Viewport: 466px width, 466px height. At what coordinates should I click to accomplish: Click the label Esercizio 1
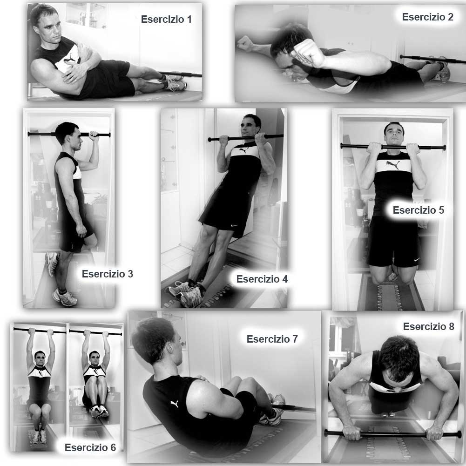166,19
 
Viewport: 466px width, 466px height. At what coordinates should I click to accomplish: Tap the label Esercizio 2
428,17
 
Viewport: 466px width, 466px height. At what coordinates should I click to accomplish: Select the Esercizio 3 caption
107,274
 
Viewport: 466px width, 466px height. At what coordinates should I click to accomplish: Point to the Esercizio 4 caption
262,279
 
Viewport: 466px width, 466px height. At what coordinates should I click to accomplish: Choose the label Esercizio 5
419,210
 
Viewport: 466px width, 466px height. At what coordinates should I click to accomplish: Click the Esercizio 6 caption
90,447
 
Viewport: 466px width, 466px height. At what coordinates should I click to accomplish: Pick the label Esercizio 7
272,339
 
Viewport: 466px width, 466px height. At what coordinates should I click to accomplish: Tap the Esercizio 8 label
429,326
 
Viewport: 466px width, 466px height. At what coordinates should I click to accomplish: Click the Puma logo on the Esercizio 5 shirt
393,165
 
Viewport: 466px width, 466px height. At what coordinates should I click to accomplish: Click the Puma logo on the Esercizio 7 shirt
175,404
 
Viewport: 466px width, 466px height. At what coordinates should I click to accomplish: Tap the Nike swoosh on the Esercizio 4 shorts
235,226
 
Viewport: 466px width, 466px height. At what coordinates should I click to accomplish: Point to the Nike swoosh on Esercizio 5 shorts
417,259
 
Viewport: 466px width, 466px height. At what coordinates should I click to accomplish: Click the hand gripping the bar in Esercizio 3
94,136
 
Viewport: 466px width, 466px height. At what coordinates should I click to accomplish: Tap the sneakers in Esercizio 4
185,293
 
